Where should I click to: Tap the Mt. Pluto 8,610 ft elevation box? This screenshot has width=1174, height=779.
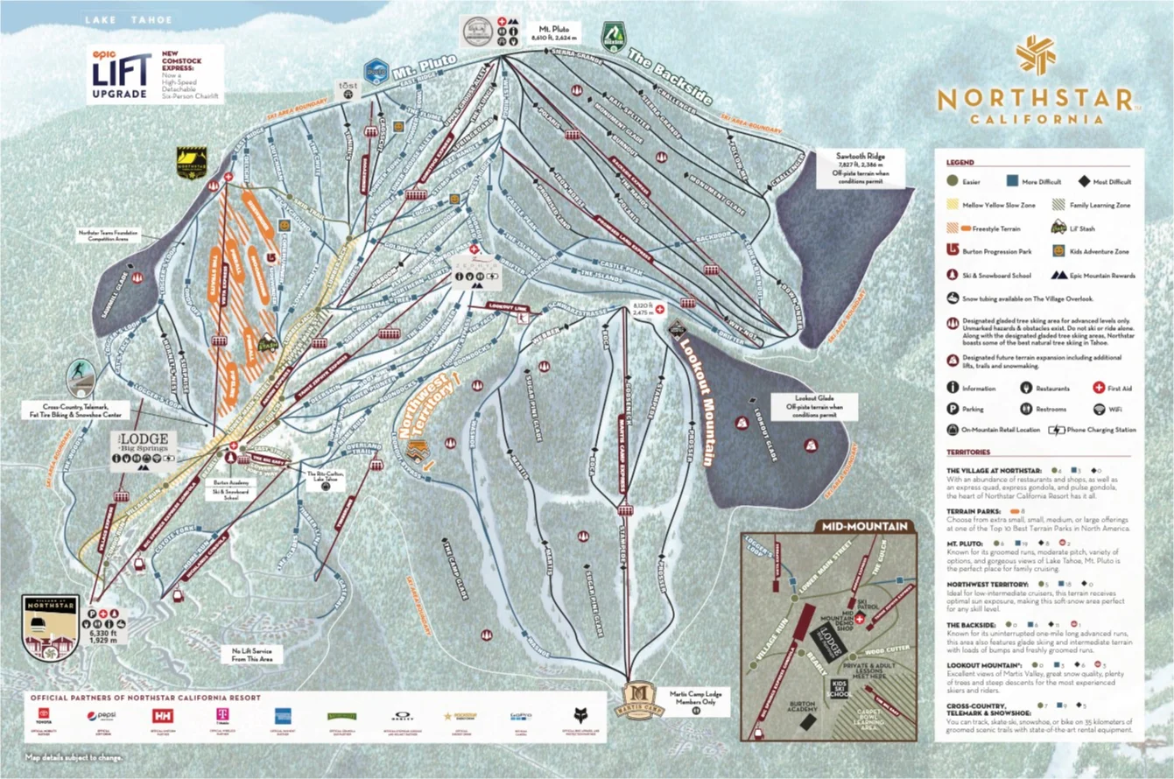[x=552, y=33]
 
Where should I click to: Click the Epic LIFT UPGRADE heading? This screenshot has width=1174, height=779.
[x=121, y=75]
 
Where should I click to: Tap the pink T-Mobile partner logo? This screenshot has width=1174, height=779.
[x=224, y=716]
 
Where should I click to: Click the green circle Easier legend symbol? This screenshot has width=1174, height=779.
[x=952, y=181]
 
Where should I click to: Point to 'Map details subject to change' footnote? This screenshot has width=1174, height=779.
[x=74, y=757]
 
